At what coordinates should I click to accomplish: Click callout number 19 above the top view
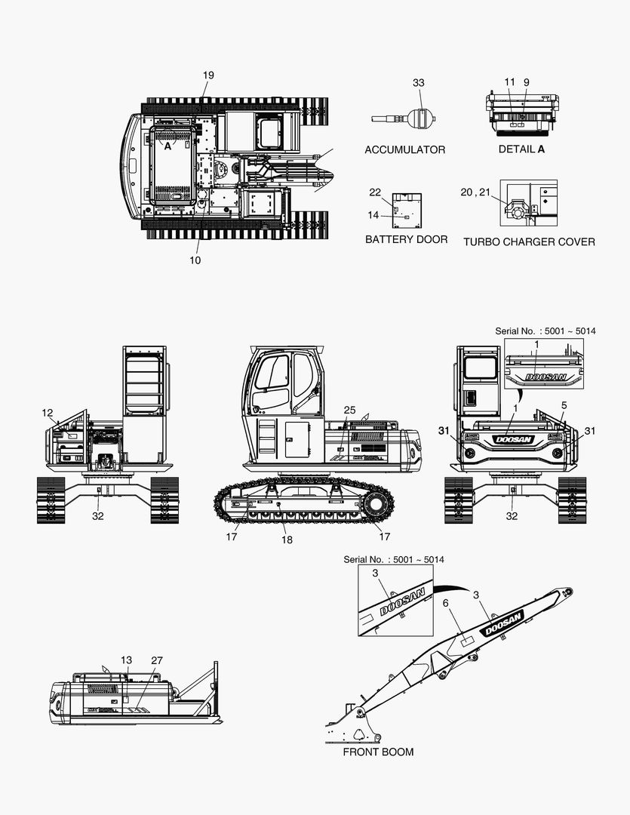click(208, 75)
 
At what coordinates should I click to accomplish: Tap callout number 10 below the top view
click(195, 260)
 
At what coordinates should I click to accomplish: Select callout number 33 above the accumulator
click(419, 83)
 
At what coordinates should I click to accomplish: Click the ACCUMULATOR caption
click(405, 149)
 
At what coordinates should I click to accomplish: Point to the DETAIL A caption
click(521, 149)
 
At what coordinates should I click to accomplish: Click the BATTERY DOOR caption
click(406, 239)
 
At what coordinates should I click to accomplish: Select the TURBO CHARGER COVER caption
click(529, 241)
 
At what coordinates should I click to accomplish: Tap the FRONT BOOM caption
click(379, 752)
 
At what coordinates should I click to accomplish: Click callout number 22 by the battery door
click(375, 192)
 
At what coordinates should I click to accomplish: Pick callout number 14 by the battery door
click(373, 215)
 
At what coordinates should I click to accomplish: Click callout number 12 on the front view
click(48, 413)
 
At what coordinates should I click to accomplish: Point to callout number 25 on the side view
click(350, 410)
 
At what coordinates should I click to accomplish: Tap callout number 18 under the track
click(287, 540)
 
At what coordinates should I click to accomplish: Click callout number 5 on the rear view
click(564, 405)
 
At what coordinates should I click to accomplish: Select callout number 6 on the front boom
click(445, 603)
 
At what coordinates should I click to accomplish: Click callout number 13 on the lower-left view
click(126, 660)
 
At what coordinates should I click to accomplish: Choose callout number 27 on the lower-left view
click(157, 660)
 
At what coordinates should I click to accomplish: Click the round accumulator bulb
click(420, 118)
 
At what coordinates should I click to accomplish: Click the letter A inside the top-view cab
click(168, 146)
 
